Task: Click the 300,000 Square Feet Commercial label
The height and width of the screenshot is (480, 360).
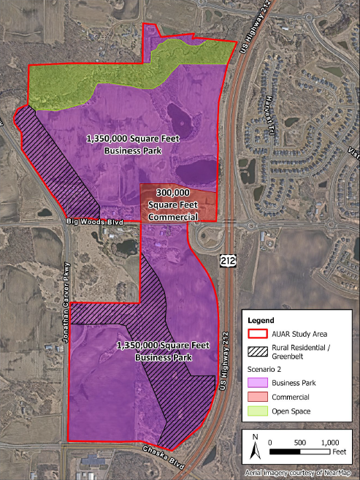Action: tap(173, 204)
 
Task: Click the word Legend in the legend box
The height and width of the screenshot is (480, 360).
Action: tap(261, 320)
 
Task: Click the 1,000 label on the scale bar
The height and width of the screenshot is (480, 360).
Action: tap(330, 443)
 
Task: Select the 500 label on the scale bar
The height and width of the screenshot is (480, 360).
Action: tap(300, 443)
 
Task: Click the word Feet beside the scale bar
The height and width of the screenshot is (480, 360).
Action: tap(340, 452)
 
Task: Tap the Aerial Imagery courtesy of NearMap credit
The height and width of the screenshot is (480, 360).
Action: tap(300, 473)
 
